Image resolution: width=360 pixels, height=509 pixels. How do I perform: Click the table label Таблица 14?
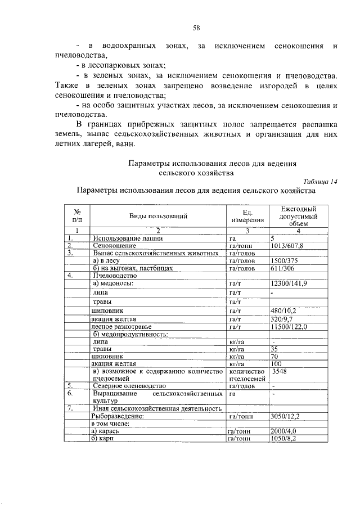[319, 181]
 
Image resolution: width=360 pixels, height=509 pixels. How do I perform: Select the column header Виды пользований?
[158, 216]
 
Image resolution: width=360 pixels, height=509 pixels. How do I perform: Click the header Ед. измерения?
[246, 216]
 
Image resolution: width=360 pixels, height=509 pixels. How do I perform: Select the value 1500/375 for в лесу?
[284, 261]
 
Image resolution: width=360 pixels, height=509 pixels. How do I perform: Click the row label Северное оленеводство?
[129, 386]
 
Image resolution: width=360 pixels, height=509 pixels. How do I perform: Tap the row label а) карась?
[105, 431]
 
